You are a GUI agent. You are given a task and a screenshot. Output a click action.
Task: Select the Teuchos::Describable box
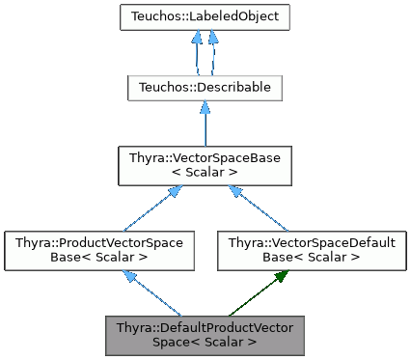pyautogui.click(x=205, y=87)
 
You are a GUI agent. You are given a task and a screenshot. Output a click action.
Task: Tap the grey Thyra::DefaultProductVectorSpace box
pyautogui.click(x=205, y=332)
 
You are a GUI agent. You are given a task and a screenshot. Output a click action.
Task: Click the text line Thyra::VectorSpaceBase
pyautogui.click(x=205, y=156)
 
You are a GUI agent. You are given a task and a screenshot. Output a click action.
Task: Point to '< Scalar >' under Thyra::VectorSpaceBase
pyautogui.click(x=205, y=172)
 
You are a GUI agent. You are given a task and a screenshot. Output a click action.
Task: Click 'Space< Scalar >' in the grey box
pyautogui.click(x=205, y=341)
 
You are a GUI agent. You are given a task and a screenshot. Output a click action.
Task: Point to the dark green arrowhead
pyautogui.click(x=280, y=276)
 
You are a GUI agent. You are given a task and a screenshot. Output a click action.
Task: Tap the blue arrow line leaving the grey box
pyautogui.click(x=154, y=296)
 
